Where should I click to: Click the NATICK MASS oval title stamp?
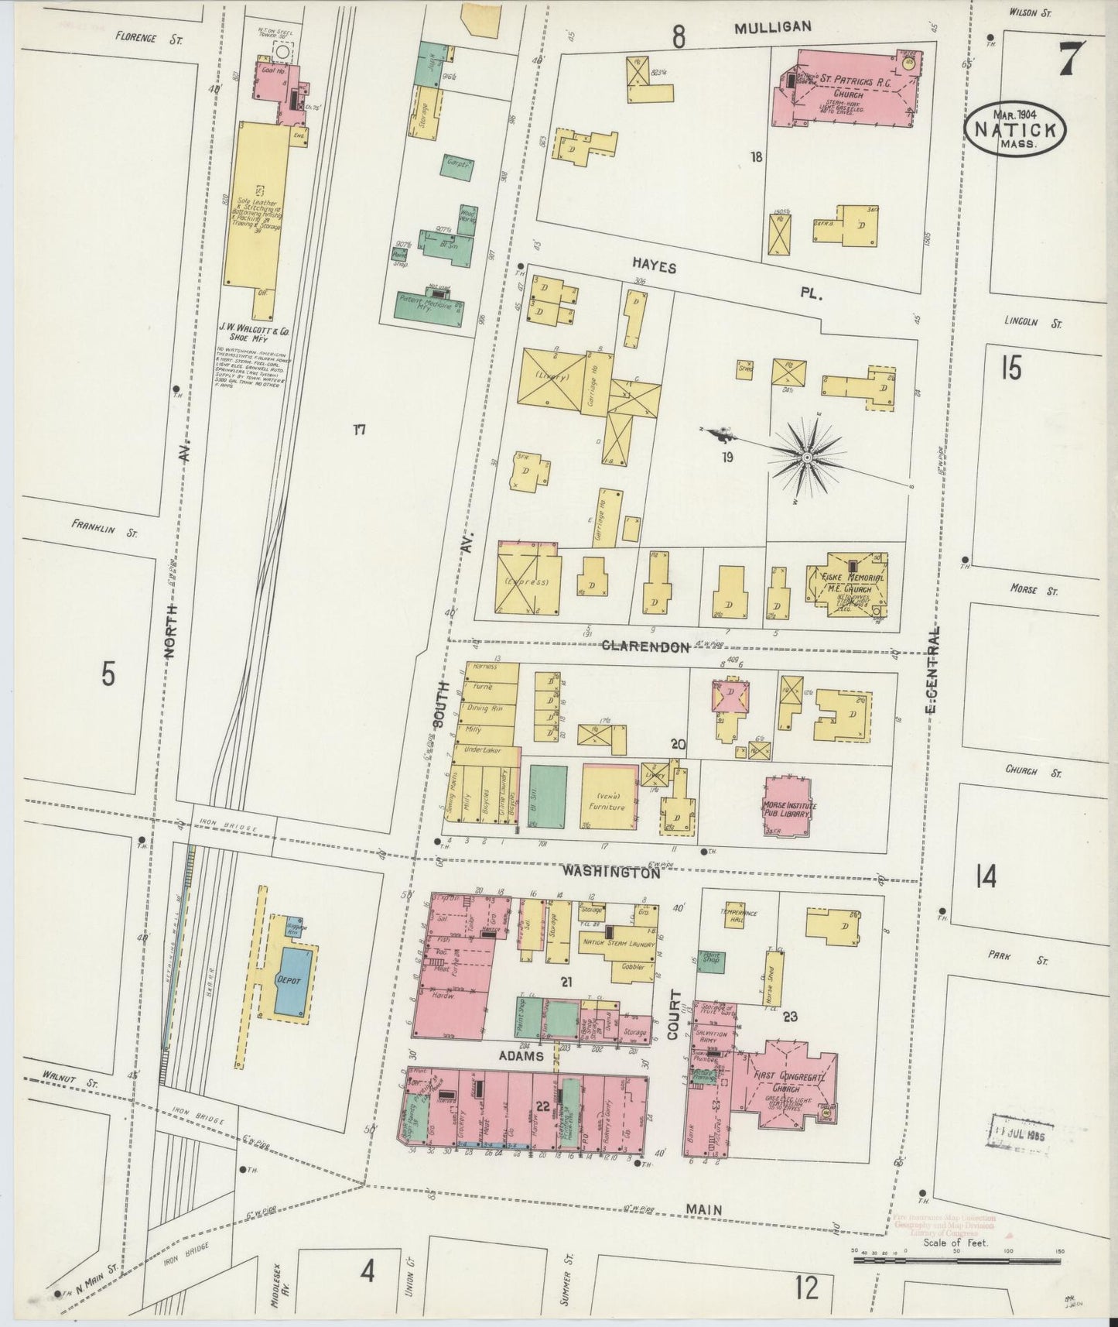coord(1015,129)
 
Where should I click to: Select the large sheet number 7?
coord(1069,57)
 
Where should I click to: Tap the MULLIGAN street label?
coord(772,27)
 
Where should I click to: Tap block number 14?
coord(986,877)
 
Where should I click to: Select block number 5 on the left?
coord(108,674)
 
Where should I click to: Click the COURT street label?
coord(673,1015)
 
